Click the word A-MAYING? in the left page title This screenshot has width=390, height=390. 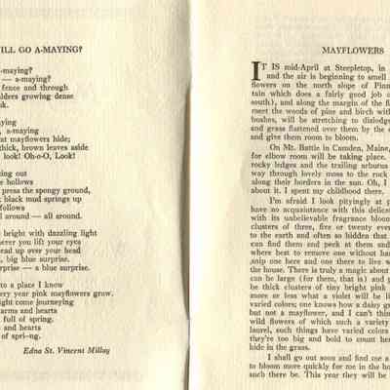pos(56,45)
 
